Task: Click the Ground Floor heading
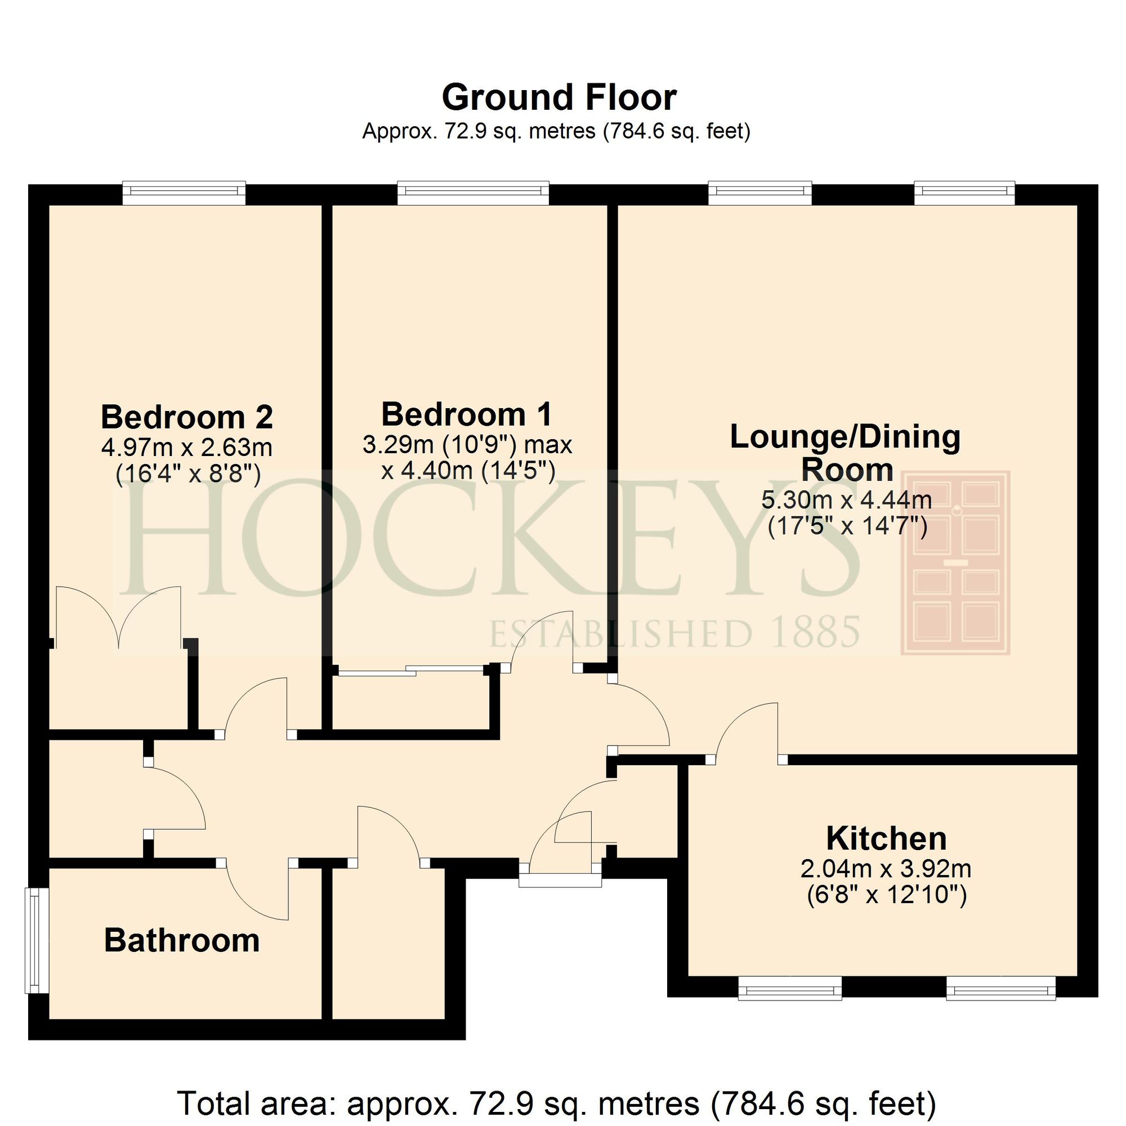tap(558, 97)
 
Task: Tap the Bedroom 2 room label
tap(186, 417)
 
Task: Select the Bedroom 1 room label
tap(466, 414)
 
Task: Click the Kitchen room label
tap(886, 839)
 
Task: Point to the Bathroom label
tap(182, 941)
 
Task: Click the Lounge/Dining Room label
tap(845, 453)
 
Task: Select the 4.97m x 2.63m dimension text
tap(186, 448)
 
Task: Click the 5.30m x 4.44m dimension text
tap(846, 499)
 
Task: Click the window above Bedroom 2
tap(184, 193)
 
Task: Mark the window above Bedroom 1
tap(473, 193)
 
